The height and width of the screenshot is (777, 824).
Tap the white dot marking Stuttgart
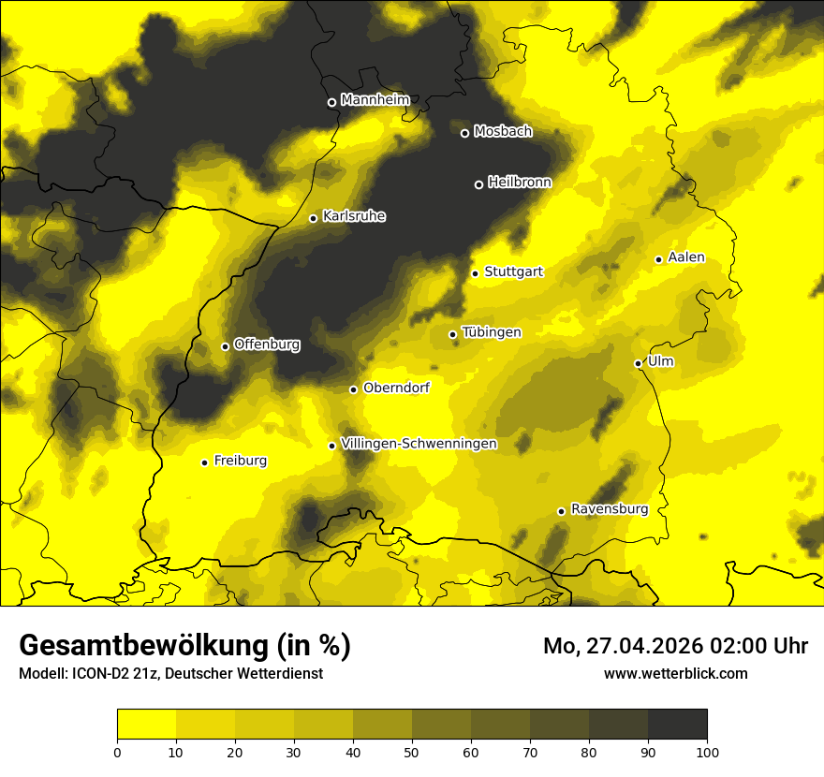tap(475, 273)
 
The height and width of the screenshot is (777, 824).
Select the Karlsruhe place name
tap(354, 216)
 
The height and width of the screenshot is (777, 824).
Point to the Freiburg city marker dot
tap(204, 462)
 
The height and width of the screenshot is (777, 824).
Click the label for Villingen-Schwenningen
tap(419, 444)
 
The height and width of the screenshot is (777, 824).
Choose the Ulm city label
tap(660, 361)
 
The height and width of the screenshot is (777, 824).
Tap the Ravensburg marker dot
tap(561, 511)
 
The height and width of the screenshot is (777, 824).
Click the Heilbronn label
tap(520, 183)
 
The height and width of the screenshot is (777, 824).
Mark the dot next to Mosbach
tap(464, 133)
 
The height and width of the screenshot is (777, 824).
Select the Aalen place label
tap(686, 257)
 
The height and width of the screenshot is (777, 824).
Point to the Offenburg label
tap(267, 345)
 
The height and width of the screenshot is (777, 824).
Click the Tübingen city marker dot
tap(452, 334)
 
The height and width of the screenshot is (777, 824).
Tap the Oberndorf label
tap(396, 388)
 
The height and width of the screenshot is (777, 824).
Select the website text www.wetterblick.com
tap(675, 673)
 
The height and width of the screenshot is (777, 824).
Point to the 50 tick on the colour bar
tap(412, 751)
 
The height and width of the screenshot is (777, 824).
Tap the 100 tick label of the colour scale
tap(707, 751)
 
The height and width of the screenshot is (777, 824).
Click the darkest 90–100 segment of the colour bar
tap(677, 725)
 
